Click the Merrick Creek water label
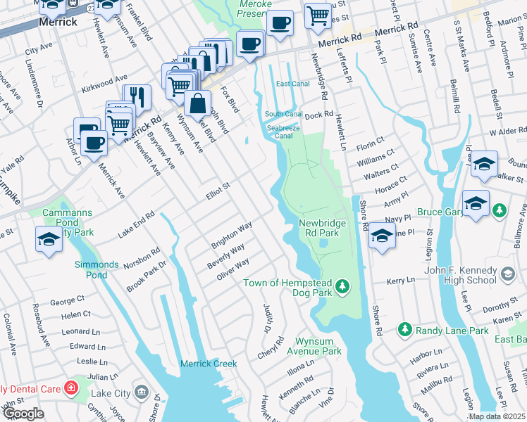pos(209,364)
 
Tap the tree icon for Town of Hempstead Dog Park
pos(342,286)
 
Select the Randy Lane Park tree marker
pos(404,329)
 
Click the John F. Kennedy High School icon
pos(507,274)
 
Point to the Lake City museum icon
pos(141,391)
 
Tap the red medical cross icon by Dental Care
pos(70,388)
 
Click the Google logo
pos(23,413)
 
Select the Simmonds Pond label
pos(97,269)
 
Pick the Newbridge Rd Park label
pos(323,226)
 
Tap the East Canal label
pos(293,84)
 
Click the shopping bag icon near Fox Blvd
pos(199,103)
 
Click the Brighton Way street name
pos(232,236)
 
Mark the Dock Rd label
pos(318,114)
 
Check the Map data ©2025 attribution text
pos(497,416)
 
